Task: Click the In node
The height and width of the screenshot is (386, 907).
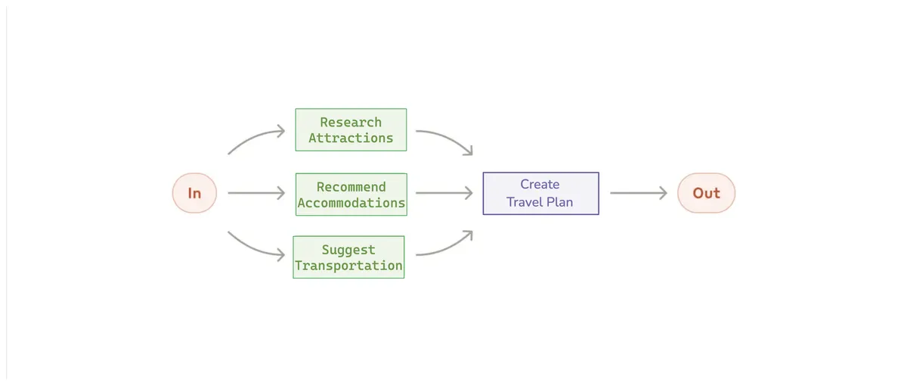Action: pyautogui.click(x=194, y=193)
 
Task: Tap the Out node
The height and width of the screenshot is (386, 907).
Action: pyautogui.click(x=706, y=193)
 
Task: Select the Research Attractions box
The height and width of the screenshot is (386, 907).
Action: pyautogui.click(x=351, y=129)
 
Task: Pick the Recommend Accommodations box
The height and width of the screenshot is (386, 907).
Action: pyautogui.click(x=351, y=195)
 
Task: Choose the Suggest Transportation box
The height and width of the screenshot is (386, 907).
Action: pyautogui.click(x=348, y=257)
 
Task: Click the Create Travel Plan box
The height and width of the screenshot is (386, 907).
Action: pyautogui.click(x=540, y=193)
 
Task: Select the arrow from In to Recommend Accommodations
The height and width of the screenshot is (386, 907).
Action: pyautogui.click(x=255, y=193)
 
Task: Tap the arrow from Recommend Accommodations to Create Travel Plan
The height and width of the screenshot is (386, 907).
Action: pyautogui.click(x=444, y=193)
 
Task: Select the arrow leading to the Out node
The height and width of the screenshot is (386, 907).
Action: pyautogui.click(x=639, y=193)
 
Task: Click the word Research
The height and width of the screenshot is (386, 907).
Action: pyautogui.click(x=351, y=122)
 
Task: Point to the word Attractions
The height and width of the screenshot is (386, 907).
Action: pyautogui.click(x=351, y=138)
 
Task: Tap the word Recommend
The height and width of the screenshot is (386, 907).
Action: pyautogui.click(x=351, y=187)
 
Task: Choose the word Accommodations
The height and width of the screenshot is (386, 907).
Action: pyautogui.click(x=351, y=203)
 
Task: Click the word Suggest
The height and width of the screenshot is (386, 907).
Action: pyautogui.click(x=348, y=250)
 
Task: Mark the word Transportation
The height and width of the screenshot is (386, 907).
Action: pyautogui.click(x=348, y=266)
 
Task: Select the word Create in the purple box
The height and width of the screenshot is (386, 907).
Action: pyautogui.click(x=540, y=184)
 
